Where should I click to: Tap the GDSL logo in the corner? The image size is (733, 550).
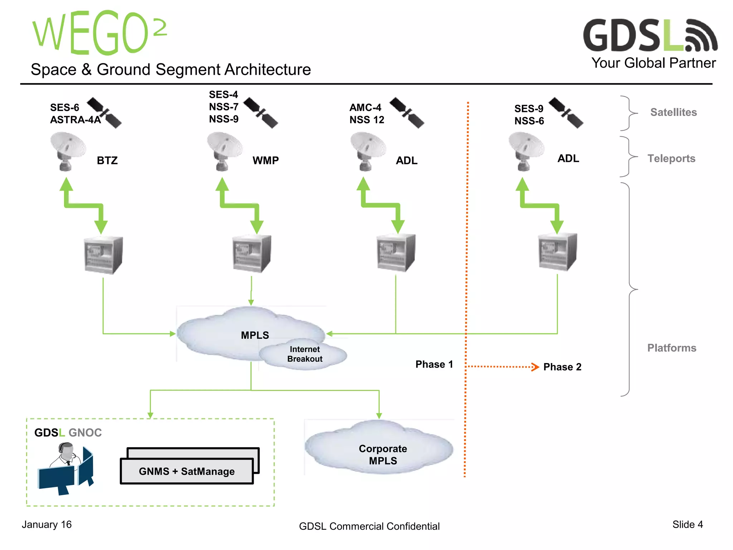coord(650,36)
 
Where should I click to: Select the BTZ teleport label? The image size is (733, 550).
coord(107,160)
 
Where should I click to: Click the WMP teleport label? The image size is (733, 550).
coord(265,160)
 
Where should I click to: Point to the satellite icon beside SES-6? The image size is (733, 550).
coord(105,112)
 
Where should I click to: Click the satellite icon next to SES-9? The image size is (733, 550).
coord(566,112)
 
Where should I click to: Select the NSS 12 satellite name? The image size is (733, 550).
coord(366,120)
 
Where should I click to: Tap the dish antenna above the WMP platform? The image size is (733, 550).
coord(224,150)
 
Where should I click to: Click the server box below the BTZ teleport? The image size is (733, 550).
coord(103,255)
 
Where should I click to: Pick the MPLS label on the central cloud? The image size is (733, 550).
coord(254,335)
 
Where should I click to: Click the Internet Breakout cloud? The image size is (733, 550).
coord(304,354)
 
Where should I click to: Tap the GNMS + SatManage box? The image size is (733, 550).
coord(187,471)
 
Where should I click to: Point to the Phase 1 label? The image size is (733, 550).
coord(434,365)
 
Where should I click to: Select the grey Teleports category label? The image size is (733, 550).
coord(671,158)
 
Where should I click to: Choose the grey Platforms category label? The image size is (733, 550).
coord(671,348)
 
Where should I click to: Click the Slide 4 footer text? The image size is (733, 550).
coord(687,525)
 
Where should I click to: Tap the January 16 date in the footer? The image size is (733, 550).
coord(47,525)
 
